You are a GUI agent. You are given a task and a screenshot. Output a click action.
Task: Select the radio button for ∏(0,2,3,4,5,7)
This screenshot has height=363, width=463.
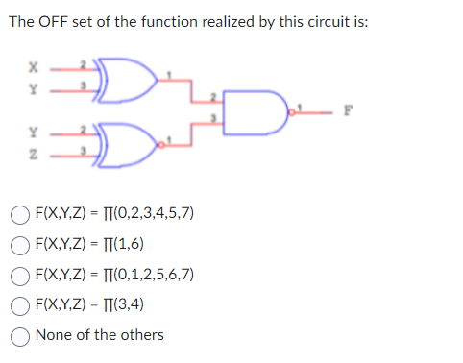[19, 212]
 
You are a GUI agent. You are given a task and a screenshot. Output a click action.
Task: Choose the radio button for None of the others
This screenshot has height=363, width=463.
[19, 335]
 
